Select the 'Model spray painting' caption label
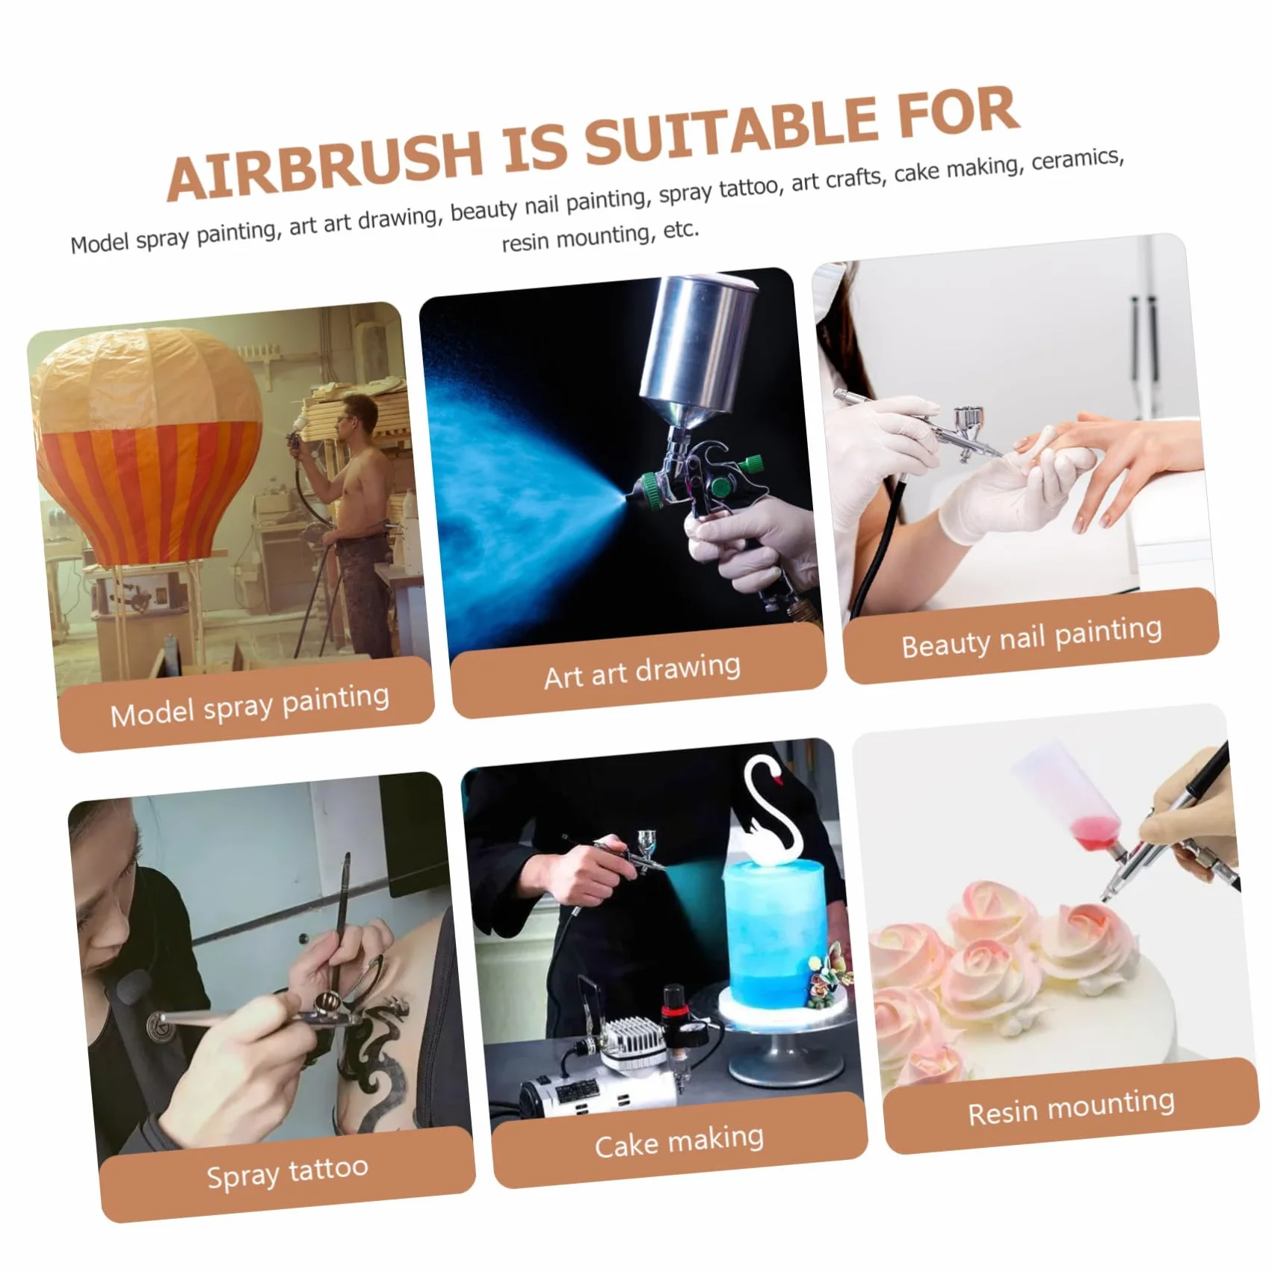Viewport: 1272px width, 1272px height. point(249,705)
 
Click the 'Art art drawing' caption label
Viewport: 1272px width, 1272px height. point(642,670)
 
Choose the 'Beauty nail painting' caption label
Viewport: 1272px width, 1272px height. point(1031,637)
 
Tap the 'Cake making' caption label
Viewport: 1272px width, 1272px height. point(679,1141)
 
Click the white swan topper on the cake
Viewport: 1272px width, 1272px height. point(770,811)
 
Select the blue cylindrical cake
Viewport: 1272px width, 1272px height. point(774,938)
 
